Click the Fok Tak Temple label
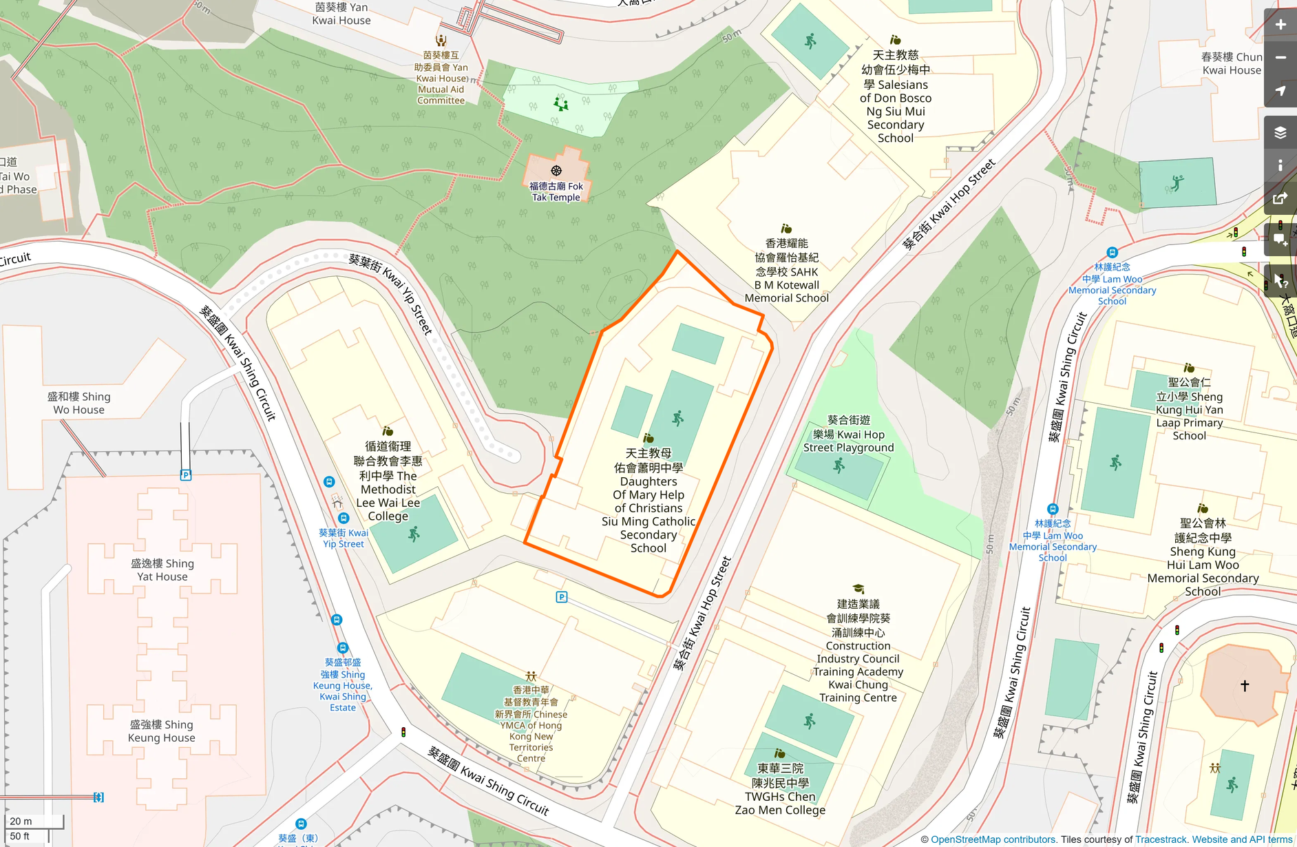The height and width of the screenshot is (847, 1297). point(556,191)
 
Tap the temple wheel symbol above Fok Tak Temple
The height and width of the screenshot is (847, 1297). point(556,170)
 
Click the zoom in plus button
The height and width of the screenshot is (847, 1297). point(1280,25)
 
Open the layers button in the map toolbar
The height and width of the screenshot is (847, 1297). point(1280,132)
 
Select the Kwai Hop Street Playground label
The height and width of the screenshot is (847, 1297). point(848,434)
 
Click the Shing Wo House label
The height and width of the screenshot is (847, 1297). point(78,403)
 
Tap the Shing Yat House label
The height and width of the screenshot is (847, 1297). point(162,569)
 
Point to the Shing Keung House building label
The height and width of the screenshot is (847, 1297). point(162,731)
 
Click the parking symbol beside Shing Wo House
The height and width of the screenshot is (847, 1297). point(185,475)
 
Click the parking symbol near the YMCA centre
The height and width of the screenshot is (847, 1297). point(562,597)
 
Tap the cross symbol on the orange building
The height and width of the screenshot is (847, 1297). point(1245,685)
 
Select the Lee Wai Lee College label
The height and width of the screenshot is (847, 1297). point(388,481)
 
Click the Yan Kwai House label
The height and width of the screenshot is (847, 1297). point(341,14)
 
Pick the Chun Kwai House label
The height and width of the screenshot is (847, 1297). point(1231,63)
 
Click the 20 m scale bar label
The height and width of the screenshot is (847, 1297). point(21,821)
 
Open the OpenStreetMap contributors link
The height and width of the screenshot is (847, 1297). point(993,839)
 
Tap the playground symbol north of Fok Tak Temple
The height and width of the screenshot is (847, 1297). point(561,104)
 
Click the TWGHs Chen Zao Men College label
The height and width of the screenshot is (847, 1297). point(780,789)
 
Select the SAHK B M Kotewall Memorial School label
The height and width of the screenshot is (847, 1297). point(787,271)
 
